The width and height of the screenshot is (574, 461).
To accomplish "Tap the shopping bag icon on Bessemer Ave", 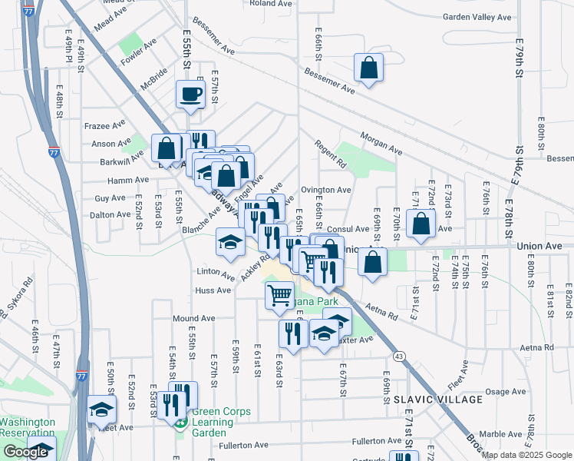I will (369, 68).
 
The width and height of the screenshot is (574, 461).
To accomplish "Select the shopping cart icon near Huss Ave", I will (279, 294).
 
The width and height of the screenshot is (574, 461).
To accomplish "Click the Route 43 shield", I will (398, 356).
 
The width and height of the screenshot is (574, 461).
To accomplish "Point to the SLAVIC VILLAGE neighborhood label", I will (438, 400).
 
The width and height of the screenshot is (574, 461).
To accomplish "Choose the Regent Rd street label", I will (331, 154).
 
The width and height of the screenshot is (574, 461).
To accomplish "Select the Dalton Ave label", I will (107, 215).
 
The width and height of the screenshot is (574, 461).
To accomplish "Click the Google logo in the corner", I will (26, 452).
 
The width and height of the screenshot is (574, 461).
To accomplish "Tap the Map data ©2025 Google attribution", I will (526, 455).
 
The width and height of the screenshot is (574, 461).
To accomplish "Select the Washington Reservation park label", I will (28, 428).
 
